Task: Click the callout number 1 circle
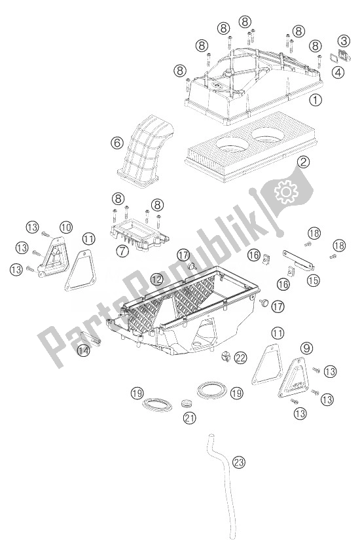pos(316,100)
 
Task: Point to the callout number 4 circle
pos(338,73)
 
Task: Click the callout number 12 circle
pos(156,278)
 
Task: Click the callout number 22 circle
pos(241,356)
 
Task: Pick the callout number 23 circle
pos(240,463)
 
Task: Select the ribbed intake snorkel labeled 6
pos(143,151)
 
